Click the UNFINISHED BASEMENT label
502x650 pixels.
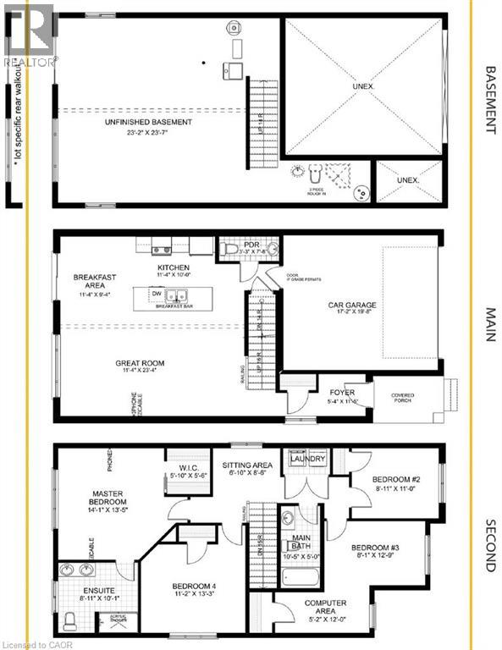coord(147,123)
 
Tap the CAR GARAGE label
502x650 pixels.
coord(352,306)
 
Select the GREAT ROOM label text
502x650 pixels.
coord(140,363)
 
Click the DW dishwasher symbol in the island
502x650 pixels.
coord(156,294)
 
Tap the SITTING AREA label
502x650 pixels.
coord(248,465)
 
